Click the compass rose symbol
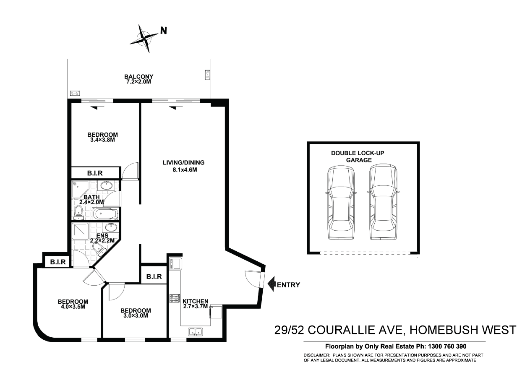coord(145,39)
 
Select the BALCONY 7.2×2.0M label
coord(138,79)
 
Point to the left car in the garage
coord(340,202)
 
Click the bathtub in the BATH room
coord(104,214)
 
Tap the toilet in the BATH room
coord(78,213)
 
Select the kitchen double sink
coord(195,332)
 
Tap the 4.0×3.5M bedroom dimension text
coord(73,307)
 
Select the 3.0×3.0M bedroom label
coord(135,313)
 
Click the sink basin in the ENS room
coord(110,228)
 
